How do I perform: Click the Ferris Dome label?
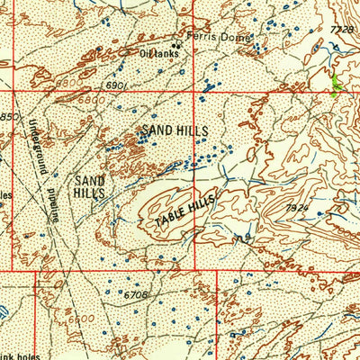coord(220,39)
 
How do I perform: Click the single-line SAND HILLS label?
coord(174,131)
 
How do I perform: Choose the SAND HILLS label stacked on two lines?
coord(89,186)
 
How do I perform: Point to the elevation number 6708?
coord(136,293)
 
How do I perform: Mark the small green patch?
coord(337,86)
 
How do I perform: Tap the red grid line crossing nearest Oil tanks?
coord(196,91)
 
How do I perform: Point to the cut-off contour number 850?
coord(8,118)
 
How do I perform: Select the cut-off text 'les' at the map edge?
coord(4,193)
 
